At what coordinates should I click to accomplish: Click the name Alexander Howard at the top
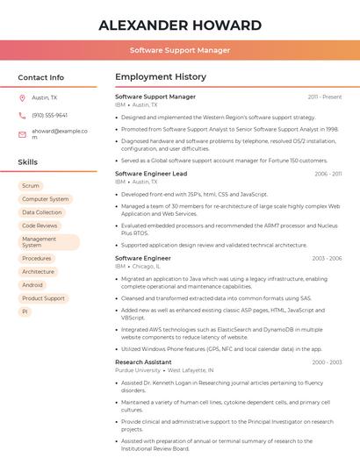tap(180, 25)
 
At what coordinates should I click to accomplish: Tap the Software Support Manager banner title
tap(180, 50)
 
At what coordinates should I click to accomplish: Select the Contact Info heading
tap(41, 77)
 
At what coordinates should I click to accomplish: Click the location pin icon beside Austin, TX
tap(22, 98)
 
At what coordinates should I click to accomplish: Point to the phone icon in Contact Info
tap(22, 116)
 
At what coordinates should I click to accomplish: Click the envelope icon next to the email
tap(22, 133)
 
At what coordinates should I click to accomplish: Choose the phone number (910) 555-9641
tap(49, 116)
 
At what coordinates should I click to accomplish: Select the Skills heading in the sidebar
tap(28, 162)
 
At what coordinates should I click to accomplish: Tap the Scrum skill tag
tap(31, 186)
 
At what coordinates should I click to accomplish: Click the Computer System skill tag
tap(45, 199)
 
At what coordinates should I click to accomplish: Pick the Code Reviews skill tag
tap(40, 225)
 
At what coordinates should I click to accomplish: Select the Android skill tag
tap(32, 285)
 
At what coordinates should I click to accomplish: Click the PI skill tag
tap(25, 311)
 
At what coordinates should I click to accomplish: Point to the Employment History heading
tap(161, 77)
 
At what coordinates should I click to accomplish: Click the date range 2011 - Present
tap(324, 97)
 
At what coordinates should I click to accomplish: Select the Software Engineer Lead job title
tap(151, 174)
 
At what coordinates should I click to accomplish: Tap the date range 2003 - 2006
tap(327, 259)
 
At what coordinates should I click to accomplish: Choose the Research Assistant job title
tap(143, 361)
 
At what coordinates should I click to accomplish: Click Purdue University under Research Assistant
tap(138, 370)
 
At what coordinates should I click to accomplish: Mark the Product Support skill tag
tap(43, 298)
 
